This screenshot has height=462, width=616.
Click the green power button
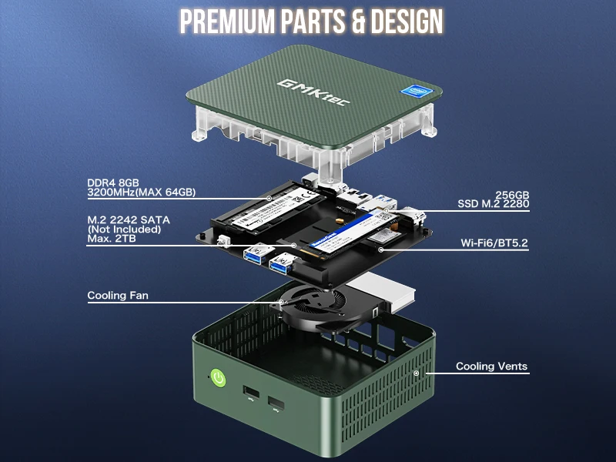click(218, 378)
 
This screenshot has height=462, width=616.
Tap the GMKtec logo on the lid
click(304, 86)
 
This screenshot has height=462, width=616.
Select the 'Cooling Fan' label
click(118, 295)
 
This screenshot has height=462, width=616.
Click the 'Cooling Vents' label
click(491, 366)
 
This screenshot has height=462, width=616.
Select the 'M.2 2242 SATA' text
click(129, 219)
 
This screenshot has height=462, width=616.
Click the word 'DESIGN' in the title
click(407, 22)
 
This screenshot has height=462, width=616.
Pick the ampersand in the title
click(354, 22)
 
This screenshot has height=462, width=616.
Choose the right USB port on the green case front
click(276, 403)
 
